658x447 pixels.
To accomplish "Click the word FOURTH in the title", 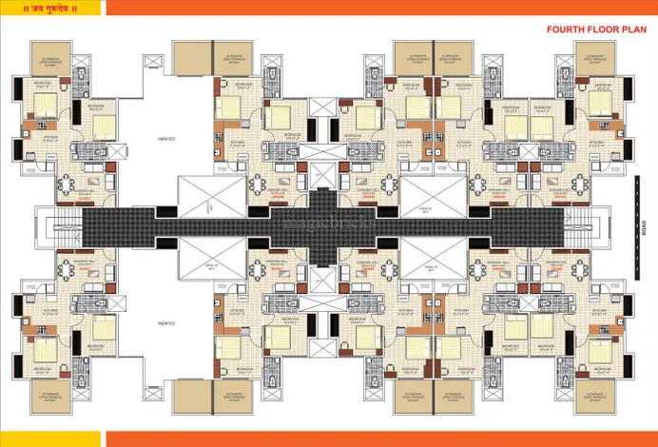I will point(566,29).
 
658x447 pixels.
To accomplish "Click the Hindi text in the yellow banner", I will point(48,8).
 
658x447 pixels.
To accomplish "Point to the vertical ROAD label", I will point(643,227).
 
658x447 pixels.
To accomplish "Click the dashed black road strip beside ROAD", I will point(635,227).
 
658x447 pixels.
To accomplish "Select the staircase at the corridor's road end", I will point(590,227).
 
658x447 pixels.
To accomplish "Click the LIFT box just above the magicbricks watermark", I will point(323,175).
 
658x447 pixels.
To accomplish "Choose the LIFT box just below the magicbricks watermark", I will point(323,277).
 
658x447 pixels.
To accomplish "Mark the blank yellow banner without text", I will point(48,438).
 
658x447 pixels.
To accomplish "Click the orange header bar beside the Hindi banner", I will point(380,8).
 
